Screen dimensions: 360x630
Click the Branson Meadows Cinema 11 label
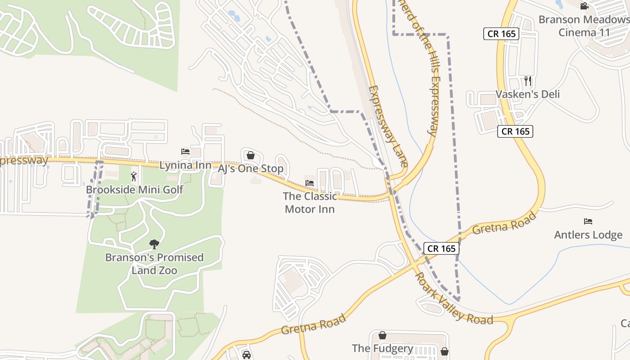584,26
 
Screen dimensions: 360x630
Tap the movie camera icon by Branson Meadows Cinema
584,6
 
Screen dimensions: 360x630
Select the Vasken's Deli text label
527,94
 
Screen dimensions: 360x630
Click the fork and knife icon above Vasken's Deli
528,81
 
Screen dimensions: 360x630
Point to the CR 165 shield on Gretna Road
441,248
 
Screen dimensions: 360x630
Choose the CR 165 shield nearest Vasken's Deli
515,131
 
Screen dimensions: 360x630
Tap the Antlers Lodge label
588,234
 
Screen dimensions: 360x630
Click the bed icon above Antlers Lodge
588,221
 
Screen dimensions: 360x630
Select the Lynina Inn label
185,165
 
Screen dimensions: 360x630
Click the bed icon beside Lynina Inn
185,152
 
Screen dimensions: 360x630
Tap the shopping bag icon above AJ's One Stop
251,155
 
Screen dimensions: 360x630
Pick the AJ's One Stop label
251,169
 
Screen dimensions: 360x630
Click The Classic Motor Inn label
310,202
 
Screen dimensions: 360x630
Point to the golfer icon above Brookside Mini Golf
134,176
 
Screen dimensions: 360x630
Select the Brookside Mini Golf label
134,189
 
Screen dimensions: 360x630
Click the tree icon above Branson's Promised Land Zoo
154,244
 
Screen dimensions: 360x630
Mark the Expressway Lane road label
388,126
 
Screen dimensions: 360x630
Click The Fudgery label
382,348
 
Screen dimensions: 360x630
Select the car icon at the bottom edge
246,355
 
